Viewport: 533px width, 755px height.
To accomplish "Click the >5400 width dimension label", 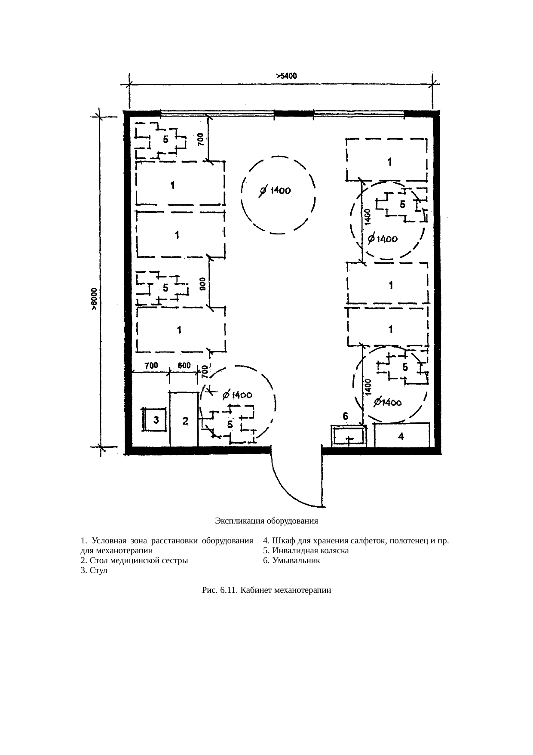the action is tap(286, 76).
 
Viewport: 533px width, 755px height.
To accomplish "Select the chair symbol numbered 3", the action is tap(156, 419).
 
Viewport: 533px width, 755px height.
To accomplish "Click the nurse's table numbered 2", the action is tap(184, 419).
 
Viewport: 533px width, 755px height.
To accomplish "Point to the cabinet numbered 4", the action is tap(402, 435).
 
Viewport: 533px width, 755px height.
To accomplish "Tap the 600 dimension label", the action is tap(184, 366).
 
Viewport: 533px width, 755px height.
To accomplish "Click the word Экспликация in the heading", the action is tap(238, 521).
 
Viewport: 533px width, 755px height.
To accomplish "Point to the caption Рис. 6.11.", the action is tap(220, 591).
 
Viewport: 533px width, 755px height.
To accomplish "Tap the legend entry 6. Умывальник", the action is tap(292, 561).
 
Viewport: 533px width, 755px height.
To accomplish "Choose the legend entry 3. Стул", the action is tap(94, 571).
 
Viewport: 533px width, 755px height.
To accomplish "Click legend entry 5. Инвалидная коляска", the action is tap(306, 551).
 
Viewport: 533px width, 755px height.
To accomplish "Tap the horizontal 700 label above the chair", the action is tap(151, 366).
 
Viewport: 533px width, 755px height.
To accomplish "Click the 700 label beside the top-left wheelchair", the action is tap(201, 140).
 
